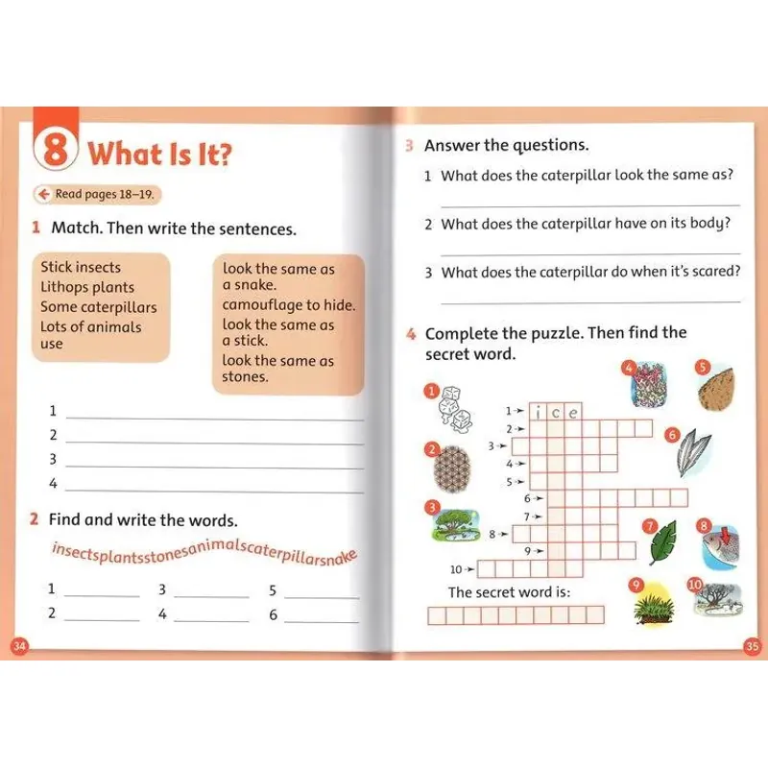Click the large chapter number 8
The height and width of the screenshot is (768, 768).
click(x=57, y=152)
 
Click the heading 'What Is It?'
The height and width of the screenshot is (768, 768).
click(x=159, y=154)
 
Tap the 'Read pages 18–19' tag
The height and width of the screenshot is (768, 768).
click(x=96, y=194)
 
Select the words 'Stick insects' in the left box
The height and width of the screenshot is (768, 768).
click(x=81, y=267)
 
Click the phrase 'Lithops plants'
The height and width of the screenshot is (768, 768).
click(x=87, y=287)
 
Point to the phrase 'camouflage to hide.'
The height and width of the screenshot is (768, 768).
click(x=288, y=305)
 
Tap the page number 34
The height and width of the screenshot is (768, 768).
click(x=18, y=646)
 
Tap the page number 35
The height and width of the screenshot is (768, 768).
click(x=752, y=646)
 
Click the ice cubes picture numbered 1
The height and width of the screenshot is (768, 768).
click(x=449, y=410)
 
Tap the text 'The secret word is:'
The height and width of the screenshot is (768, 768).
click(x=509, y=592)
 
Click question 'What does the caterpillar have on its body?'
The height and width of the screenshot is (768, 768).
click(x=586, y=224)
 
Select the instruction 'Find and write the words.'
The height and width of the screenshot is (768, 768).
click(x=142, y=519)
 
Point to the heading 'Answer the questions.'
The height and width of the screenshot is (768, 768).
click(x=506, y=145)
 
